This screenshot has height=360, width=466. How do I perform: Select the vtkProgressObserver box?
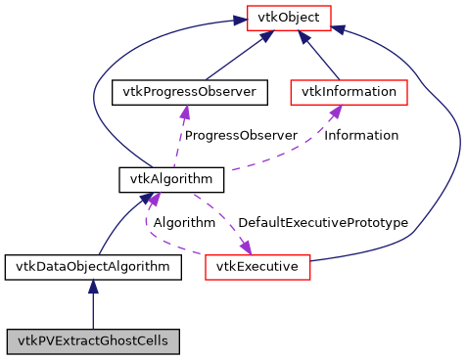[190, 92]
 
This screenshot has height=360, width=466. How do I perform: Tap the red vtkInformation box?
[349, 92]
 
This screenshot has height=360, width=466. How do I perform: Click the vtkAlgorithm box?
[158, 179]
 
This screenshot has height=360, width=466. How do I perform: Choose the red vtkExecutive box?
[257, 266]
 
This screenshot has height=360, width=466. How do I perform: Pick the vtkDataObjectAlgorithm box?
[92, 266]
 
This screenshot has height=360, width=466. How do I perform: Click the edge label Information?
[361, 135]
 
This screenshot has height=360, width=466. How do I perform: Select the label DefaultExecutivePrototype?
[322, 223]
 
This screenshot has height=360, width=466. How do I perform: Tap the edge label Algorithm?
[183, 223]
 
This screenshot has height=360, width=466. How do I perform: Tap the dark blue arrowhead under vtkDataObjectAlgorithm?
[93, 287]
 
